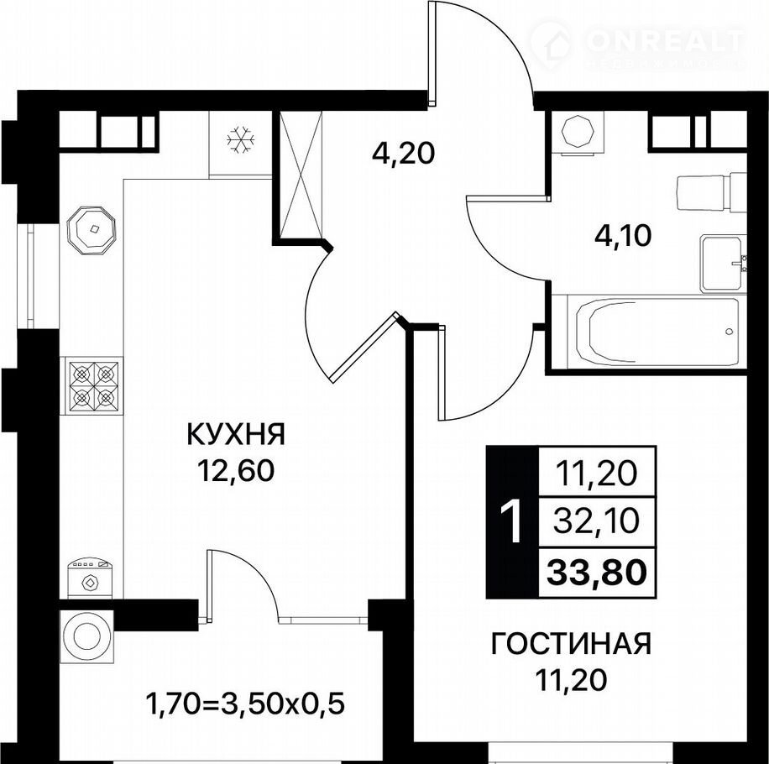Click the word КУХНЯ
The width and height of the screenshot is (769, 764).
click(236, 434)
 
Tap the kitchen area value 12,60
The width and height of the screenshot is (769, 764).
click(235, 471)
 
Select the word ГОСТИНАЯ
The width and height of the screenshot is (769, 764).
click(572, 643)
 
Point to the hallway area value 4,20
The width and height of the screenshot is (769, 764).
click(403, 154)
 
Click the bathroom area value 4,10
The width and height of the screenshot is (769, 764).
click(623, 236)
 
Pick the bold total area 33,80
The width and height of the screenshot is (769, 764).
click(596, 572)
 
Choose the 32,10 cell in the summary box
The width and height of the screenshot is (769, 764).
click(596, 521)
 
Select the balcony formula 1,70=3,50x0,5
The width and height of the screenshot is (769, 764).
click(245, 704)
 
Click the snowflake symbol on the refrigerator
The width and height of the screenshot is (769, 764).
click(241, 139)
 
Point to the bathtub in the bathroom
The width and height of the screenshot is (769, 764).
click(657, 332)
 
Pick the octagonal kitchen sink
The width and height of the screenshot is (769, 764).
click(92, 229)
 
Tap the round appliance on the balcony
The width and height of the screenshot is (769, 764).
click(86, 636)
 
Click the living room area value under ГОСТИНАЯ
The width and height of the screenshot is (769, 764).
click(572, 680)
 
